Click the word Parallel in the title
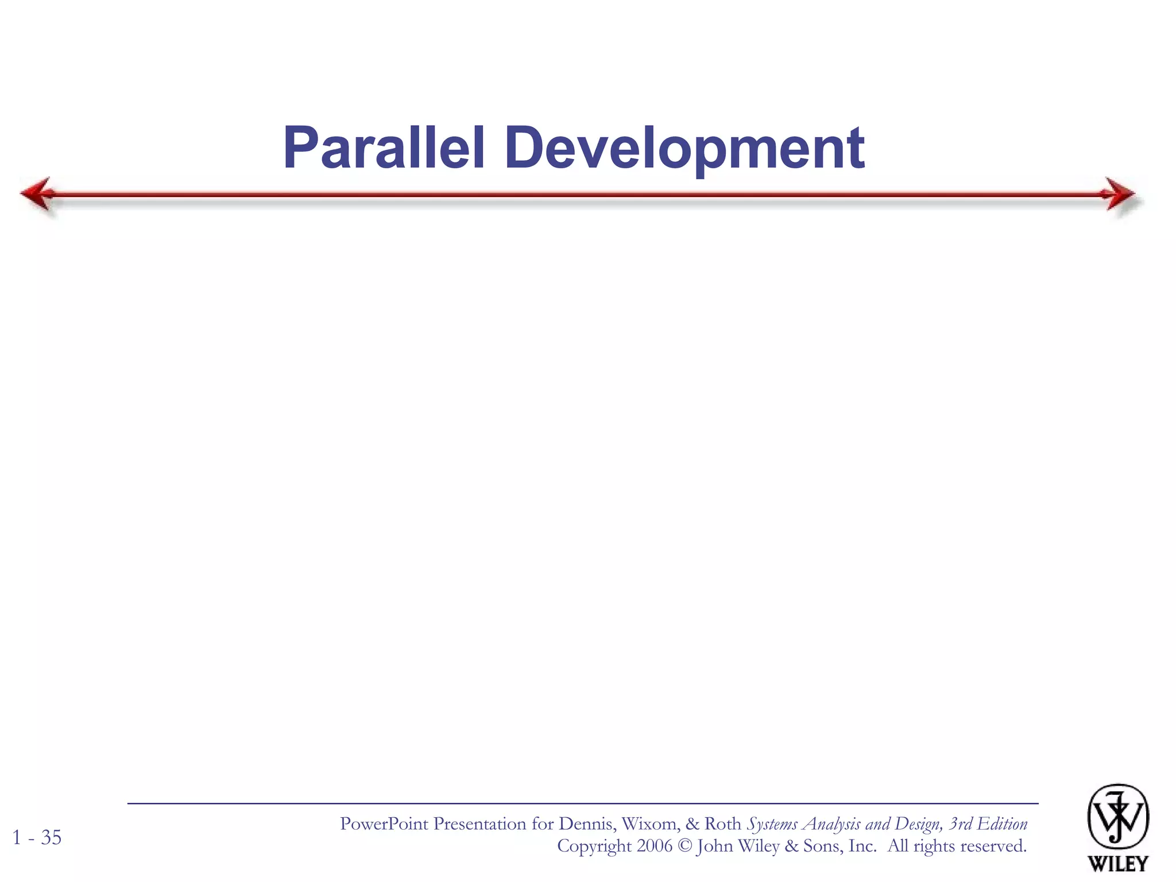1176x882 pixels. coord(384,148)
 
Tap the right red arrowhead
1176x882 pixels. coord(1119,194)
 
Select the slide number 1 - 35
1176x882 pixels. coord(37,838)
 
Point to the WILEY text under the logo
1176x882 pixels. coord(1117,864)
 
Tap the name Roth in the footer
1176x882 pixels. coord(722,824)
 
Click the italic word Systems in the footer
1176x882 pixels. coord(772,825)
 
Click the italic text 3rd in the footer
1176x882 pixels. coord(960,824)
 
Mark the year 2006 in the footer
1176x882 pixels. coord(655,846)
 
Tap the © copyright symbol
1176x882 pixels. coord(684,846)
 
